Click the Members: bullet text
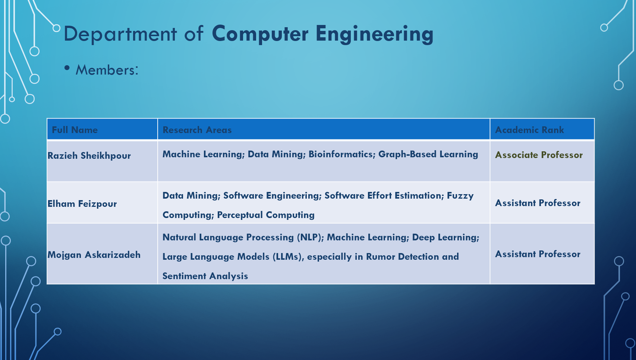pos(107,70)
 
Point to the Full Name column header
pos(75,130)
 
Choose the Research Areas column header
pos(197,130)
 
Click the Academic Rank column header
pos(529,130)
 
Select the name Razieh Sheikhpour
pos(89,155)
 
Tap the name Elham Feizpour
pos(82,204)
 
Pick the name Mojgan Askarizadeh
pos(94,255)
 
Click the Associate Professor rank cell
pos(539,155)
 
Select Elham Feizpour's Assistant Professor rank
pos(538,203)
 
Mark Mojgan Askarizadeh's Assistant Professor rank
pos(538,254)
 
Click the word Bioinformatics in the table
pos(342,154)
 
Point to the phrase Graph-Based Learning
pos(428,154)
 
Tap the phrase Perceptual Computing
pos(266,215)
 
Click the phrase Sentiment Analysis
pos(205,276)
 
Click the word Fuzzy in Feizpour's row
pos(460,196)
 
